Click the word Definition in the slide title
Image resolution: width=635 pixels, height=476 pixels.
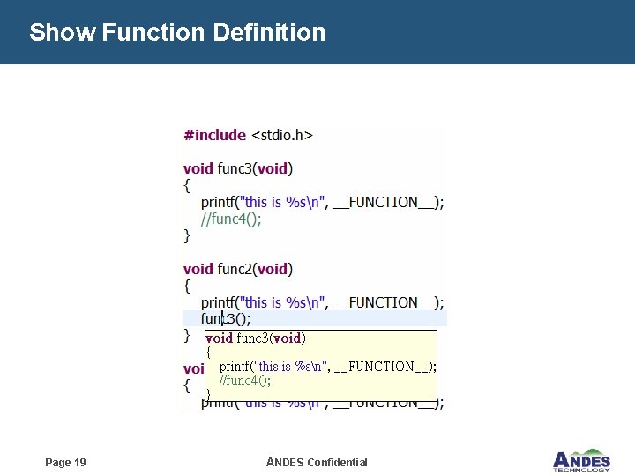coord(268,33)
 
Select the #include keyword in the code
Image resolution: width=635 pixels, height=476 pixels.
coord(214,135)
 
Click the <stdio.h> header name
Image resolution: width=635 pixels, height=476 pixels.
coord(282,135)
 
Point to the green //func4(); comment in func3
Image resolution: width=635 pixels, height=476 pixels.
coord(231,219)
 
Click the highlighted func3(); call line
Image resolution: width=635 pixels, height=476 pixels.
coord(227,319)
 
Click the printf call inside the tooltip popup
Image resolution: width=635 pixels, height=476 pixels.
coord(327,366)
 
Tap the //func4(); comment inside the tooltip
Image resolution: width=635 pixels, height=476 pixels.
coord(244,381)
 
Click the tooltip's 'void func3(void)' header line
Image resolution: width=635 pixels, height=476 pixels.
coord(255,338)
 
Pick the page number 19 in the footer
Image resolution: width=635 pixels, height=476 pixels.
coord(65,463)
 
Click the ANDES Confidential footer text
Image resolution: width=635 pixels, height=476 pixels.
coord(317,463)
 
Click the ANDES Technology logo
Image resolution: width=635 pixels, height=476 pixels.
coord(580,460)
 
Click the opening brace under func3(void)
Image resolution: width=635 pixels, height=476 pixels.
coord(187,185)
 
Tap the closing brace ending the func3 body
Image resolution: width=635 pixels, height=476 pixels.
coord(187,235)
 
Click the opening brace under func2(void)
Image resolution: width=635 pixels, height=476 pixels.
coord(187,286)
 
